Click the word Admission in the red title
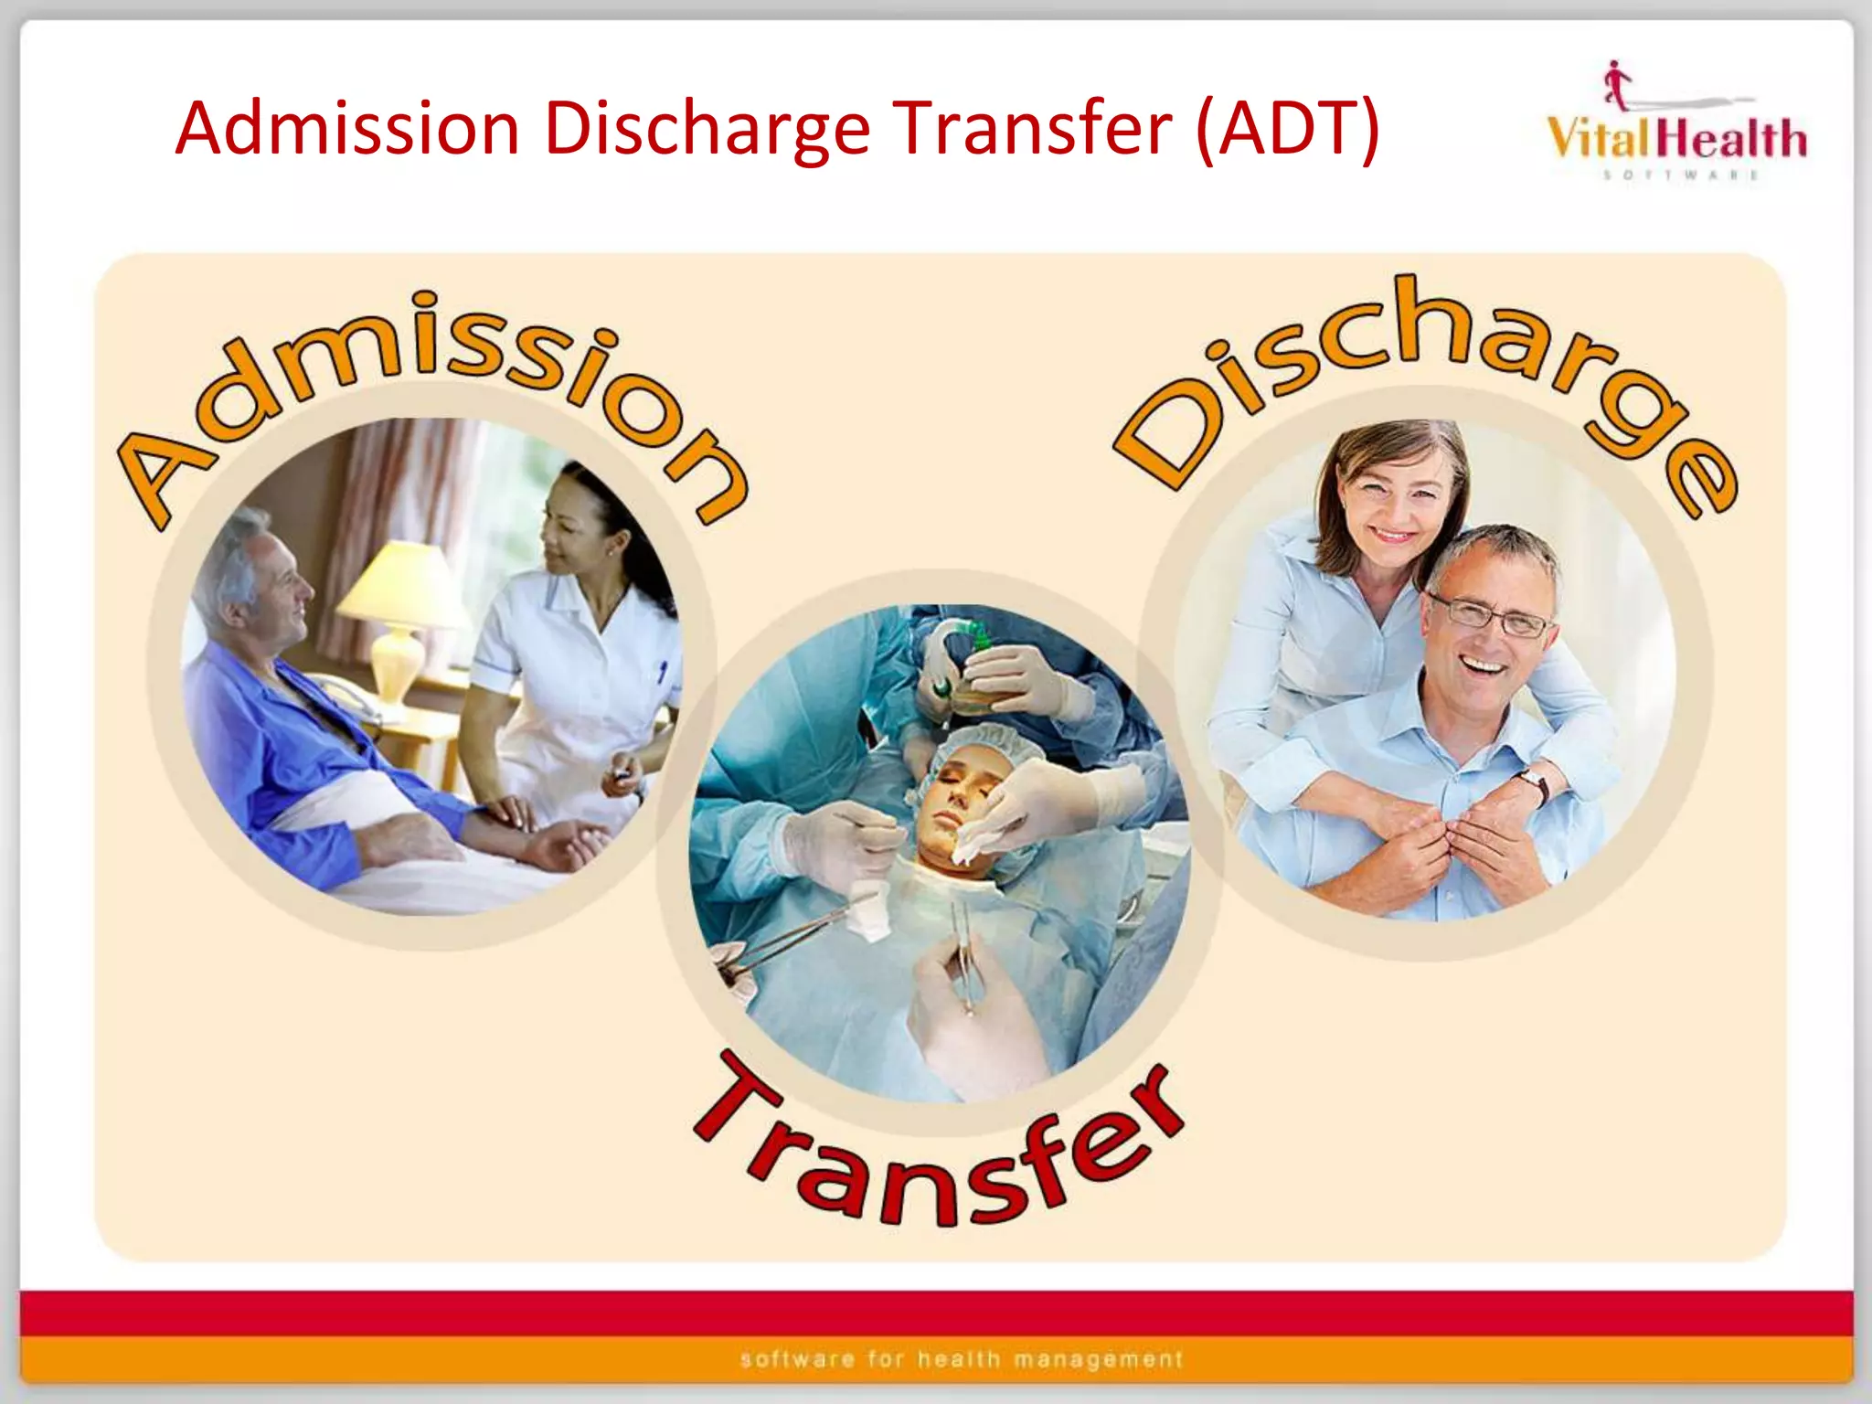pos(347,129)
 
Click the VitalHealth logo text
pos(1676,140)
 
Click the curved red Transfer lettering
pos(932,1161)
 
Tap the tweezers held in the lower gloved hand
pos(964,960)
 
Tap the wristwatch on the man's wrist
pos(1533,782)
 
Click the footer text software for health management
pos(962,1359)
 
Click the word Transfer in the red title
pos(1033,129)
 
